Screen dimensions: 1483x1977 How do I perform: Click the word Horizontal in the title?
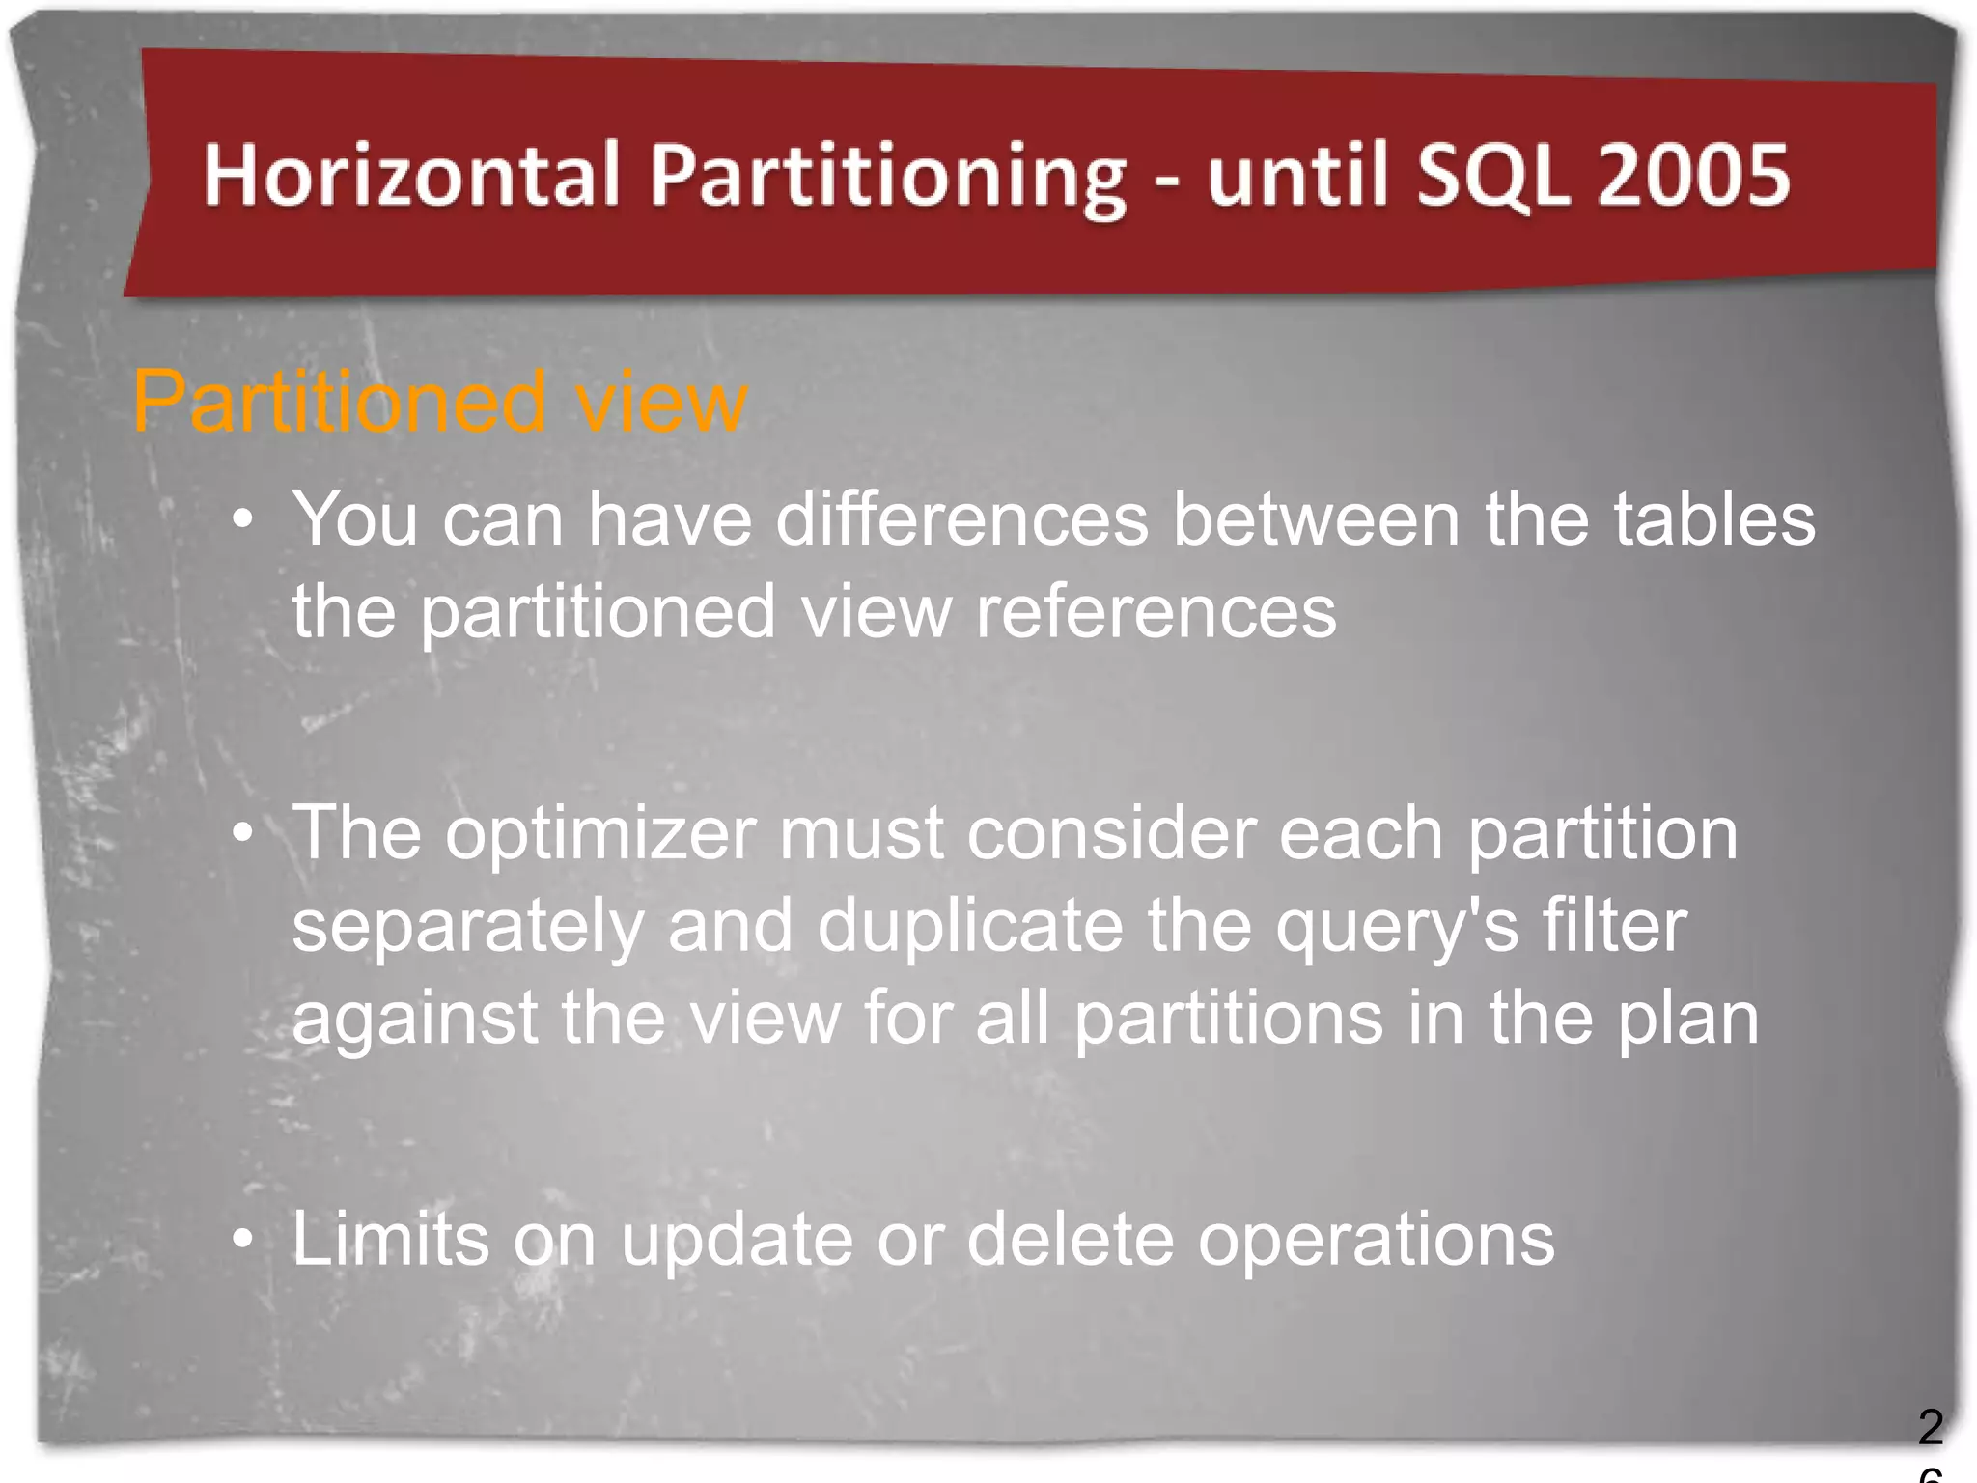411,175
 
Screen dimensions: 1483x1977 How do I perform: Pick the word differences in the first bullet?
962,519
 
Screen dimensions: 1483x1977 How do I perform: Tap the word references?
1156,611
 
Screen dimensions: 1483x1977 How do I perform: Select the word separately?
468,925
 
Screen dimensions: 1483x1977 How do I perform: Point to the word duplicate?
970,925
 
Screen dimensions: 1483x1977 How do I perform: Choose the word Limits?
390,1239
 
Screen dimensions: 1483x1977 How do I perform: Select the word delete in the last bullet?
1071,1239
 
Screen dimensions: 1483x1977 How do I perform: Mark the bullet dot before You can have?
243,519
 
